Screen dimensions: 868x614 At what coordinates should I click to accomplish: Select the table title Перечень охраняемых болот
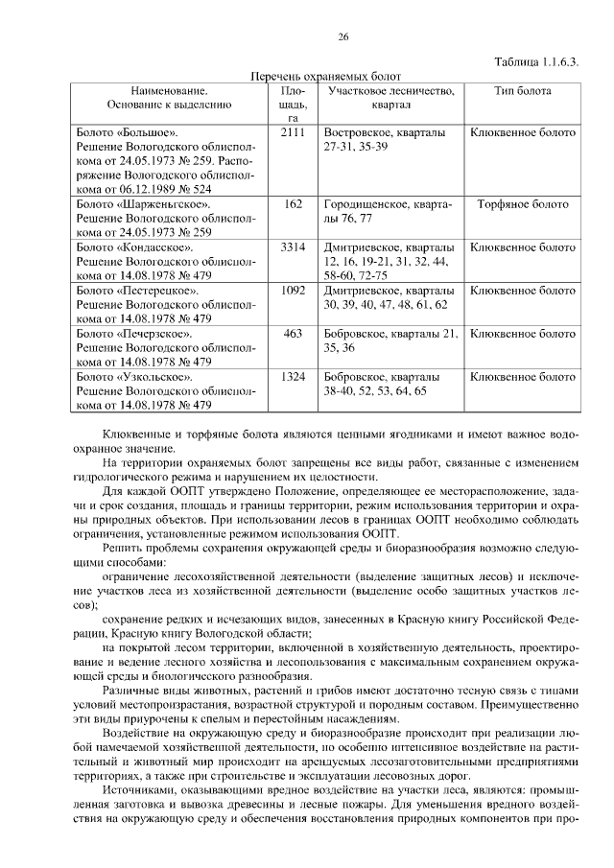[324, 75]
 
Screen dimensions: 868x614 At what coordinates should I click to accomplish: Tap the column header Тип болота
[522, 90]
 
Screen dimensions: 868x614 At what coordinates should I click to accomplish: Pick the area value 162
[294, 204]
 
